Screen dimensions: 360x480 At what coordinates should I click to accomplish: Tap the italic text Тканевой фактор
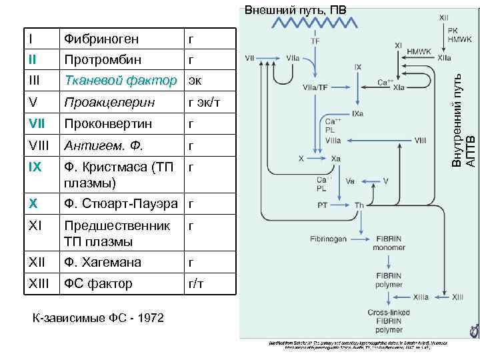click(x=120, y=81)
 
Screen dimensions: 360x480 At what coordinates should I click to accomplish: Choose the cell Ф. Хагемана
click(x=102, y=263)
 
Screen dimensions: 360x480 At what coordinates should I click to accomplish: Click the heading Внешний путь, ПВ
click(x=295, y=10)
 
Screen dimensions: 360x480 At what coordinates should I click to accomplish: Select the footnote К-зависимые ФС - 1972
click(x=98, y=317)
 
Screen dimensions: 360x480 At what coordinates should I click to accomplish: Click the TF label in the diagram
click(x=315, y=40)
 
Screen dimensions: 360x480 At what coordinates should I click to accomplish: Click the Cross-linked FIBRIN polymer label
click(x=389, y=321)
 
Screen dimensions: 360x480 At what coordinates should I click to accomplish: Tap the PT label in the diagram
click(x=322, y=205)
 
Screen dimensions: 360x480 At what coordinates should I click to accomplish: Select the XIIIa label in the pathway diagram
click(x=421, y=297)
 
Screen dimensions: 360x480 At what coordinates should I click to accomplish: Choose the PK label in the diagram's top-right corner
click(x=453, y=30)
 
